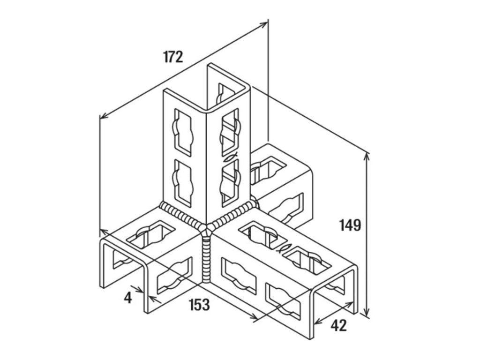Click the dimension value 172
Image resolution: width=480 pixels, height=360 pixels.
click(x=173, y=57)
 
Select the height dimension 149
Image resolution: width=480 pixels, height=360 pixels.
click(x=351, y=225)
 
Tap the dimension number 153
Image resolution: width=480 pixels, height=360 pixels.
click(x=199, y=305)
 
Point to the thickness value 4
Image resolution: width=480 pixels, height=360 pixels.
click(x=127, y=297)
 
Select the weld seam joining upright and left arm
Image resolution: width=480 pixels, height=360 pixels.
click(x=183, y=217)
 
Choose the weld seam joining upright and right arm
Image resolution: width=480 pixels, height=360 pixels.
click(x=232, y=215)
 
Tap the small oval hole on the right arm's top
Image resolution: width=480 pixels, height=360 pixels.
click(x=285, y=248)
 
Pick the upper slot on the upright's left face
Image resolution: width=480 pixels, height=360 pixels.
click(x=182, y=132)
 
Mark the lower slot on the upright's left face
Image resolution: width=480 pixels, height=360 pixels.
click(x=183, y=180)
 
